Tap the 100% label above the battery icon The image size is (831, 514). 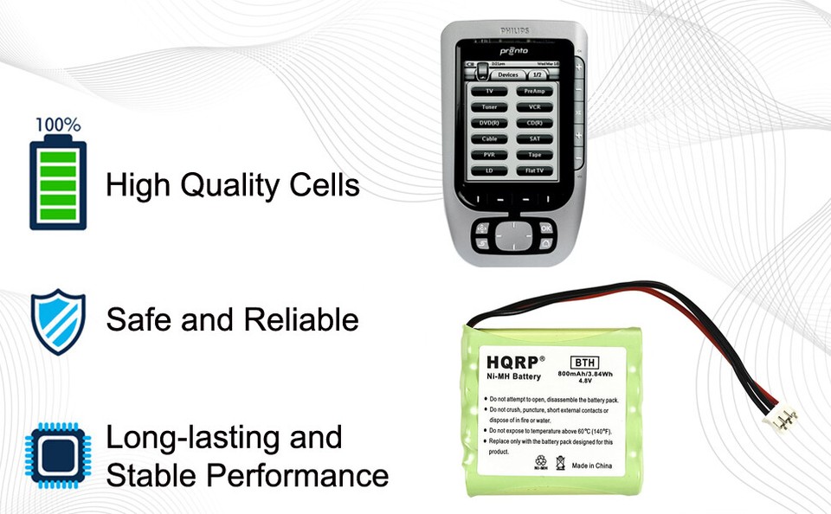[x=58, y=125]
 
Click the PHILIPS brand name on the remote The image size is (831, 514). [x=514, y=31]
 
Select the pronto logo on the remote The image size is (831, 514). [x=514, y=52]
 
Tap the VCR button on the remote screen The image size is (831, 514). [x=534, y=106]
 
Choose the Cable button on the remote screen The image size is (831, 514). [x=490, y=138]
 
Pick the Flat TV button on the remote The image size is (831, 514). [x=534, y=170]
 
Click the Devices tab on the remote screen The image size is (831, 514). [x=507, y=75]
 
